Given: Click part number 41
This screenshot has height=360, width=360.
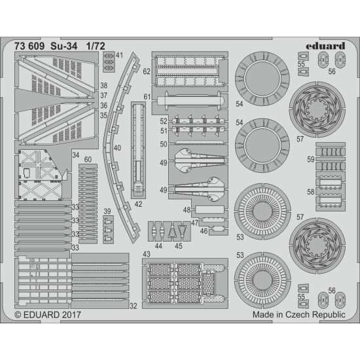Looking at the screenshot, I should click(119, 56).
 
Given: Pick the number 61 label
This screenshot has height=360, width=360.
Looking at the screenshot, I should click(147, 97).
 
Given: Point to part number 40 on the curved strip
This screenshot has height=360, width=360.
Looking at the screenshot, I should click(117, 149).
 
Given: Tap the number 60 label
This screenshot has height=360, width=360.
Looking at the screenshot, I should click(88, 159).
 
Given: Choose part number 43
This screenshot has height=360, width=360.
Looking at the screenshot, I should click(147, 254).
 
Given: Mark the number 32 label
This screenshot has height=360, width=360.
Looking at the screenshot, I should click(134, 306).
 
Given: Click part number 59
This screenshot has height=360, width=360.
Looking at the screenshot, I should click(311, 158).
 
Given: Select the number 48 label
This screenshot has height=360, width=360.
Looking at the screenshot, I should click(187, 209).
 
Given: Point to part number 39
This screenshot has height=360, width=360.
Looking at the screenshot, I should click(107, 211).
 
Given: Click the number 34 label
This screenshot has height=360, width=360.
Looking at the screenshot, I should click(76, 155).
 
